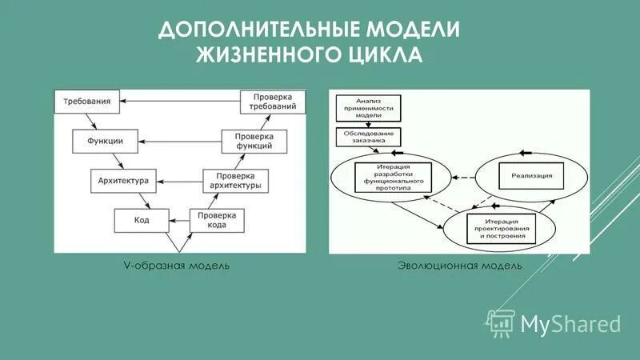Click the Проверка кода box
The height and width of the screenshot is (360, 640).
(x=216, y=219)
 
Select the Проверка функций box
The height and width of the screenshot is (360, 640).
(x=253, y=141)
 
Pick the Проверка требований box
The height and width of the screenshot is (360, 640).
(x=274, y=102)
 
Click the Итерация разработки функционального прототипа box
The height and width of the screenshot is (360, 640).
(x=391, y=177)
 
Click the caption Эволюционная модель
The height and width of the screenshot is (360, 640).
(x=459, y=265)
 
